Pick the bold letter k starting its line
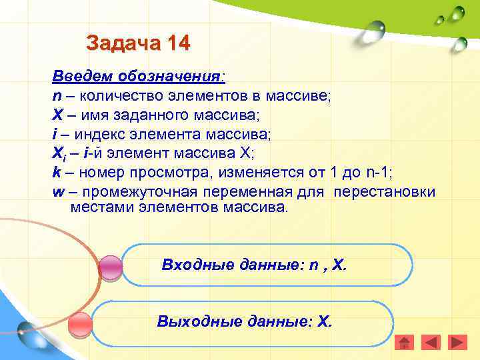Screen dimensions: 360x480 pyautogui.click(x=56, y=173)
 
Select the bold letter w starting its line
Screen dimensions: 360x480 pyautogui.click(x=57, y=192)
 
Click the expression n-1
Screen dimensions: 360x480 pyautogui.click(x=380, y=173)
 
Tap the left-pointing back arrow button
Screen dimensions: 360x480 pyautogui.click(x=431, y=343)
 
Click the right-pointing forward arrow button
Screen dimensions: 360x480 pyautogui.click(x=457, y=343)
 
